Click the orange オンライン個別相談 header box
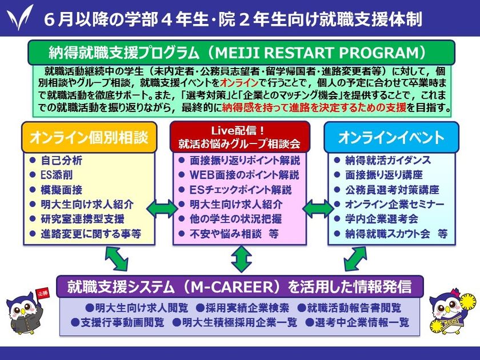click(89, 138)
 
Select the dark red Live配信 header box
click(239, 137)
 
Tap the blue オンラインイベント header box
click(391, 137)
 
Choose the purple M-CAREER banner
click(240, 286)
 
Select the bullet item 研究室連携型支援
click(82, 219)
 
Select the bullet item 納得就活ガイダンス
click(388, 161)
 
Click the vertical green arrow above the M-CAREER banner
click(240, 259)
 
